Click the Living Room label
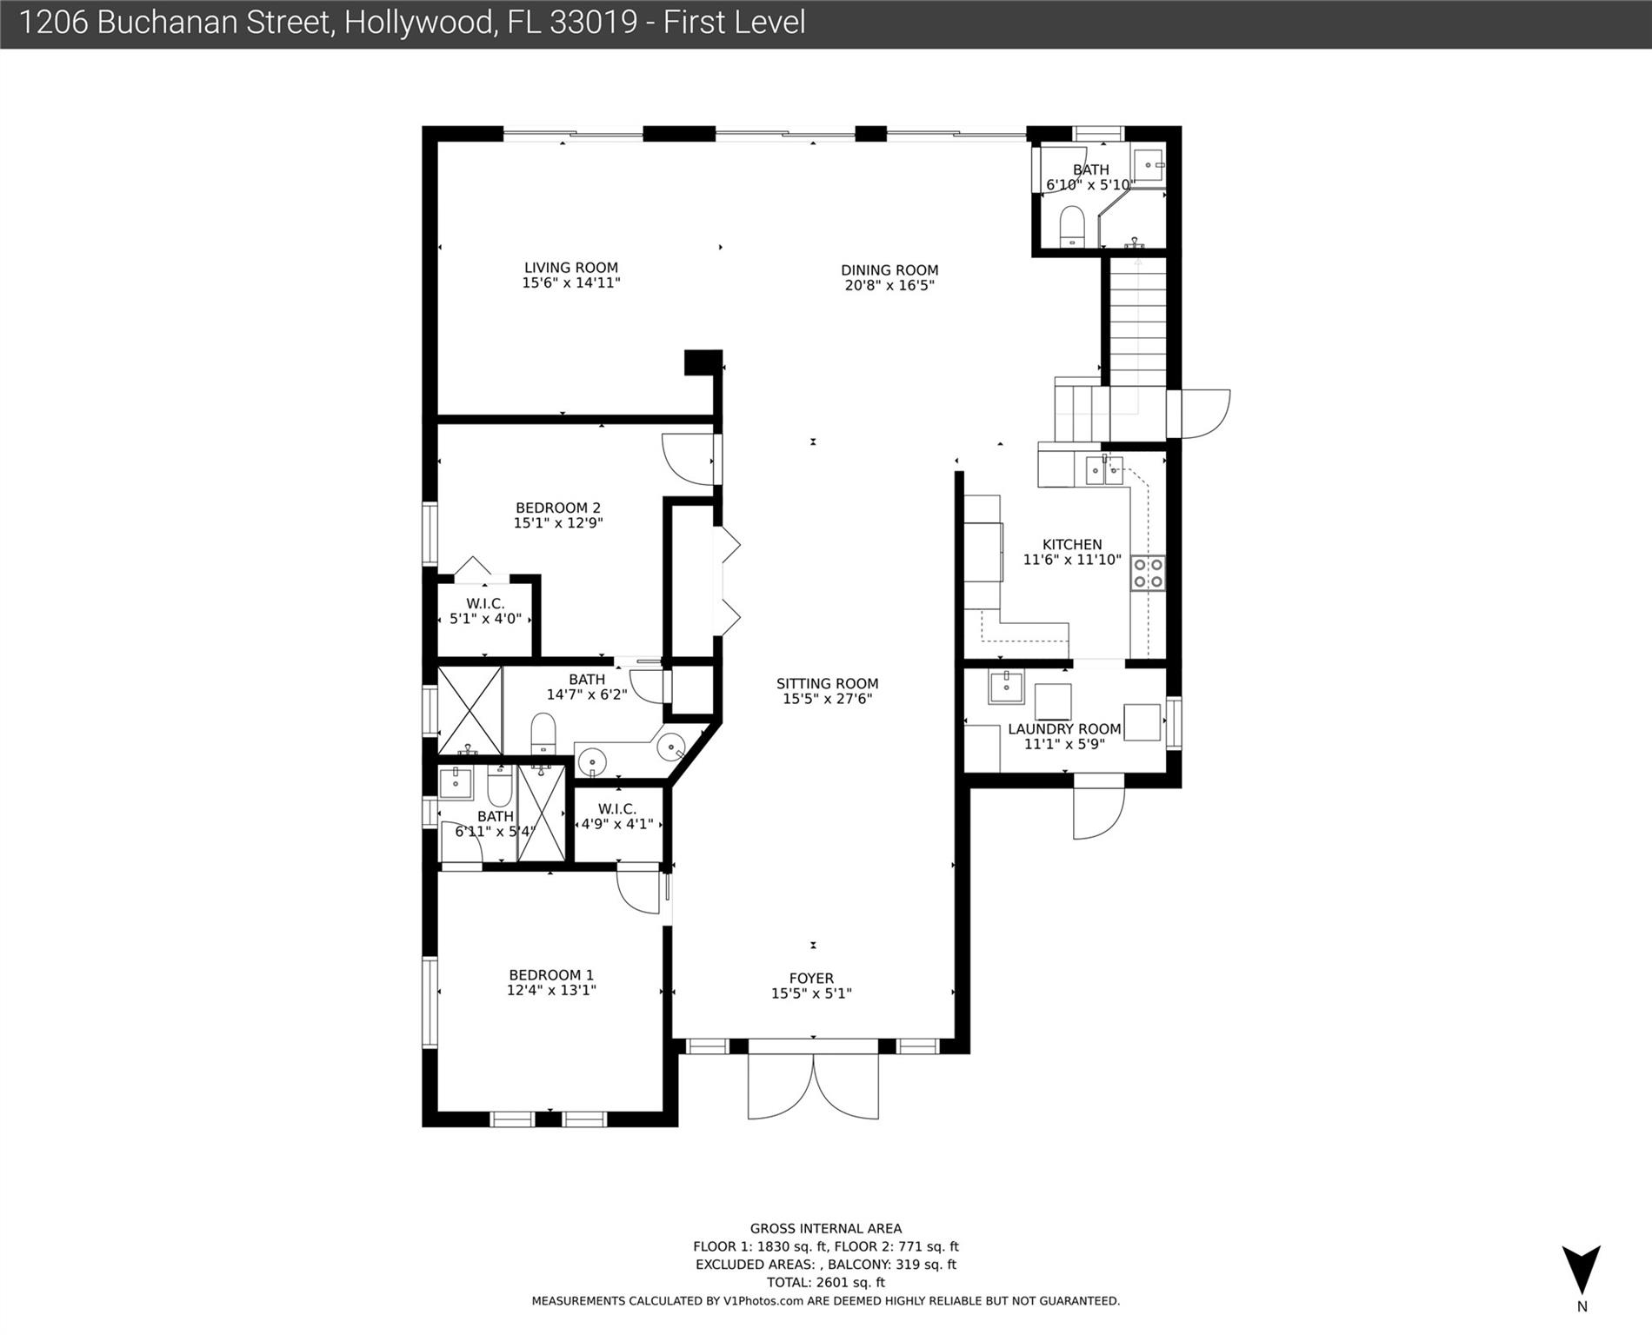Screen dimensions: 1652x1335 coord(570,268)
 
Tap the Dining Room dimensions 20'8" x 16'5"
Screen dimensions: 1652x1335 coord(889,285)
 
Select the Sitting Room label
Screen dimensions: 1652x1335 coord(827,683)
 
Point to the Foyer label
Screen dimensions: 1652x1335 coord(811,978)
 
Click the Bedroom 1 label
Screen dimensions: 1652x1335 coord(551,975)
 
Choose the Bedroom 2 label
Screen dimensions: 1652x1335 coord(558,508)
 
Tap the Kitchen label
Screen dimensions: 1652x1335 coord(1072,545)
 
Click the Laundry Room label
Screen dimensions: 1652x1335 coord(1064,729)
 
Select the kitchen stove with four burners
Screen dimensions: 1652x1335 coord(1148,574)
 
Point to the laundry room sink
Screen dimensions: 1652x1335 coord(1006,687)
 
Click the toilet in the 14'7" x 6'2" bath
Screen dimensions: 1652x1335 coord(543,734)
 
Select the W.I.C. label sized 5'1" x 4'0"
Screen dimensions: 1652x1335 coord(485,604)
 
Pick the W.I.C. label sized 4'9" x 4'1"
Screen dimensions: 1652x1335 coord(617,809)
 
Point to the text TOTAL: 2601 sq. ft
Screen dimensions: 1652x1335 coord(826,1282)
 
